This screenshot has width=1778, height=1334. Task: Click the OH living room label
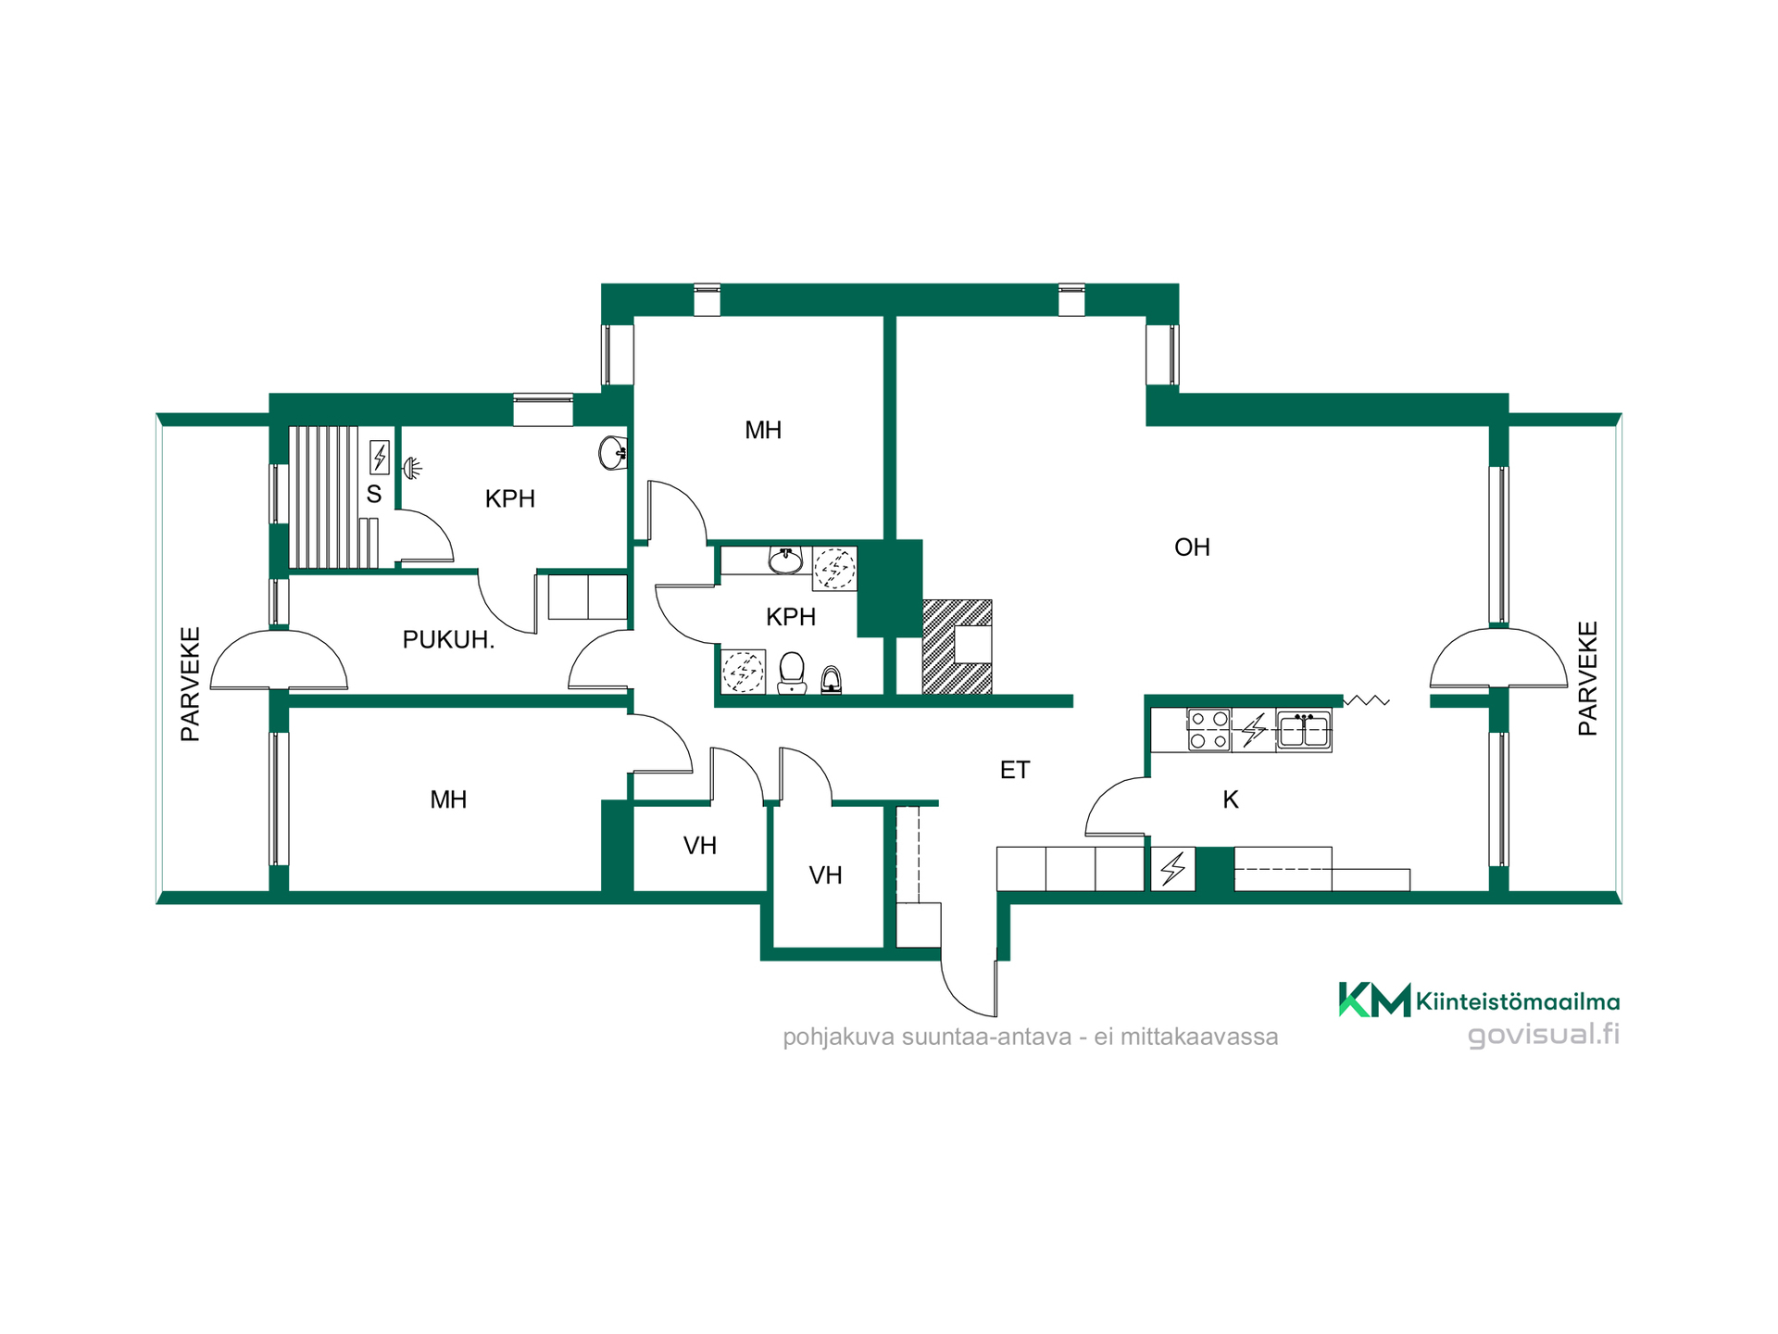click(1192, 547)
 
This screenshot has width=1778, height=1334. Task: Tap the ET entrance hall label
click(1015, 770)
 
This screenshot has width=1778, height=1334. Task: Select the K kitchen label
click(1231, 799)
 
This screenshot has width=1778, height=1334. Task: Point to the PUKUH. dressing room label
click(448, 639)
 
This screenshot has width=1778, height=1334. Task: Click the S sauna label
click(374, 494)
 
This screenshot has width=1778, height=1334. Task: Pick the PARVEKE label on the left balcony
click(190, 685)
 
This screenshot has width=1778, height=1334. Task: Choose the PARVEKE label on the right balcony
click(1587, 679)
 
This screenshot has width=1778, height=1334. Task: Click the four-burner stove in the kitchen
click(1208, 730)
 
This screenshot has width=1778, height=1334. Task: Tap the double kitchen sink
click(1304, 730)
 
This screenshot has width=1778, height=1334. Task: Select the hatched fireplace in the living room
click(957, 647)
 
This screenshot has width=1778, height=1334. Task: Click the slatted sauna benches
click(323, 497)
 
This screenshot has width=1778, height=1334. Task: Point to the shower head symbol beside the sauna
click(413, 468)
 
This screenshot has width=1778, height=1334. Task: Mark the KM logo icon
click(1374, 1000)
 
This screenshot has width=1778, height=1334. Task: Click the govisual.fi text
click(1544, 1034)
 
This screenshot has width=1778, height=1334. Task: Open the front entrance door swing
click(970, 985)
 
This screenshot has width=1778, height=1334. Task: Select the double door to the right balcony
click(1498, 659)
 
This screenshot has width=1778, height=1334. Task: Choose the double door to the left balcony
click(279, 660)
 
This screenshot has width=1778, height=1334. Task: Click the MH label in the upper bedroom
click(763, 430)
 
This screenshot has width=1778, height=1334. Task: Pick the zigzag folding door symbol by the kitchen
click(1367, 700)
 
